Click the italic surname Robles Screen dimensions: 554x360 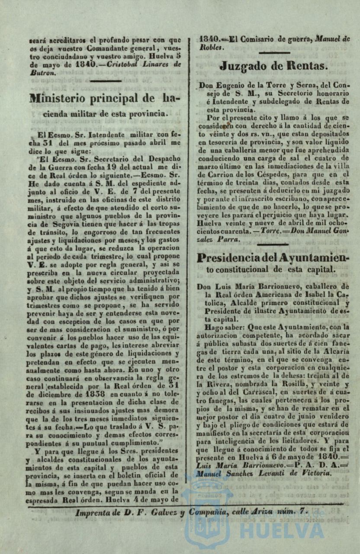212,47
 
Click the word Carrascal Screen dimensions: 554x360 233,392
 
